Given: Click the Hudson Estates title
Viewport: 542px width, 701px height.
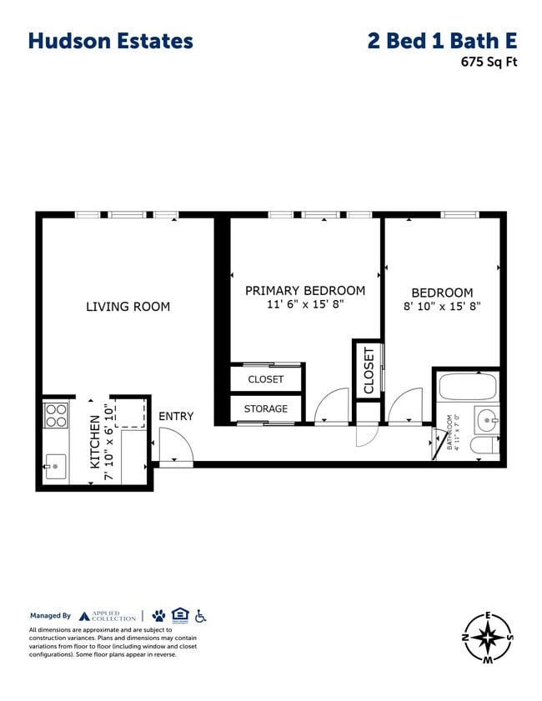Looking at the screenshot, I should click(x=110, y=41).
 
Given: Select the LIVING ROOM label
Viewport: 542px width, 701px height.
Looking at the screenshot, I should click(x=128, y=307).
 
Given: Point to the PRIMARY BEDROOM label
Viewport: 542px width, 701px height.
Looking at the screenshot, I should click(x=304, y=291).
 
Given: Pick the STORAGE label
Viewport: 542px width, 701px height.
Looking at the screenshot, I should click(x=265, y=408).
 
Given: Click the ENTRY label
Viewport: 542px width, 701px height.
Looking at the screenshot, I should click(x=175, y=416).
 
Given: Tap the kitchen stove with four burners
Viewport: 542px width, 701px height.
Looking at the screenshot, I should click(x=55, y=415).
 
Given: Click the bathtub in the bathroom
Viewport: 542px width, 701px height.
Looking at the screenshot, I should click(x=467, y=387).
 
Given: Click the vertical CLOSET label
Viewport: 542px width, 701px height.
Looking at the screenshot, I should click(x=369, y=370).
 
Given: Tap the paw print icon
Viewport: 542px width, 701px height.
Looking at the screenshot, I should click(x=158, y=616).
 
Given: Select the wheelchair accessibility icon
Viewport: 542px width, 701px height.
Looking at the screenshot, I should click(x=200, y=616).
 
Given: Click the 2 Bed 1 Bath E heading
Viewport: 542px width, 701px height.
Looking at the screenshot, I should click(x=442, y=41).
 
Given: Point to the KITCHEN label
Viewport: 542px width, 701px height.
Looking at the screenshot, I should click(x=95, y=441).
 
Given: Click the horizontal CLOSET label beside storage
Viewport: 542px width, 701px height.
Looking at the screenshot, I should click(x=265, y=379).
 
